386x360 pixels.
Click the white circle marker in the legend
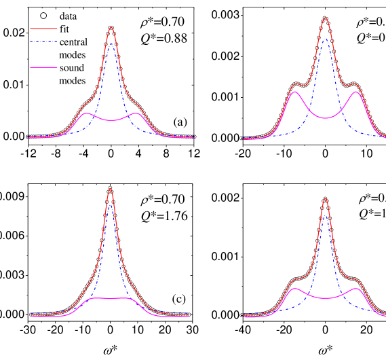coord(43,16)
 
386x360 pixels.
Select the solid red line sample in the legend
coord(43,29)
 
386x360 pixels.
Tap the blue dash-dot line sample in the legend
coord(43,41)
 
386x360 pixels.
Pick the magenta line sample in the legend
coord(43,67)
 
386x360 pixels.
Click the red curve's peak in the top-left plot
coord(111,28)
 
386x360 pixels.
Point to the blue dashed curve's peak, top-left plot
coord(111,45)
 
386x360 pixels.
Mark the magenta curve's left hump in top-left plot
coord(86,113)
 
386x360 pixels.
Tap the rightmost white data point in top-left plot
coord(194,137)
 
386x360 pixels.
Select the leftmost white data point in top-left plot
coord(28,137)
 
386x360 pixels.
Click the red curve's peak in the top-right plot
coord(325,18)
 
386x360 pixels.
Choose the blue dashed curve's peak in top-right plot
coord(325,39)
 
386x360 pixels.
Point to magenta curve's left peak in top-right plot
coord(294,92)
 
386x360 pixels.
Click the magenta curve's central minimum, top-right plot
coord(325,118)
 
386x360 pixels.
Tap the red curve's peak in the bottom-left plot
coord(110,188)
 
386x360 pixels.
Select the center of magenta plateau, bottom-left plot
coord(110,298)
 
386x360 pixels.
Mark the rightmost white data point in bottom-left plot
coord(189,314)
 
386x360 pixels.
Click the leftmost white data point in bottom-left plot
coord(31,314)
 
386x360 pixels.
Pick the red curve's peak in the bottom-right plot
coord(325,199)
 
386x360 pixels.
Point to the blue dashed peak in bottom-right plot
coord(325,217)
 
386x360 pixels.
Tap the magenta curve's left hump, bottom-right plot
coord(294,289)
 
